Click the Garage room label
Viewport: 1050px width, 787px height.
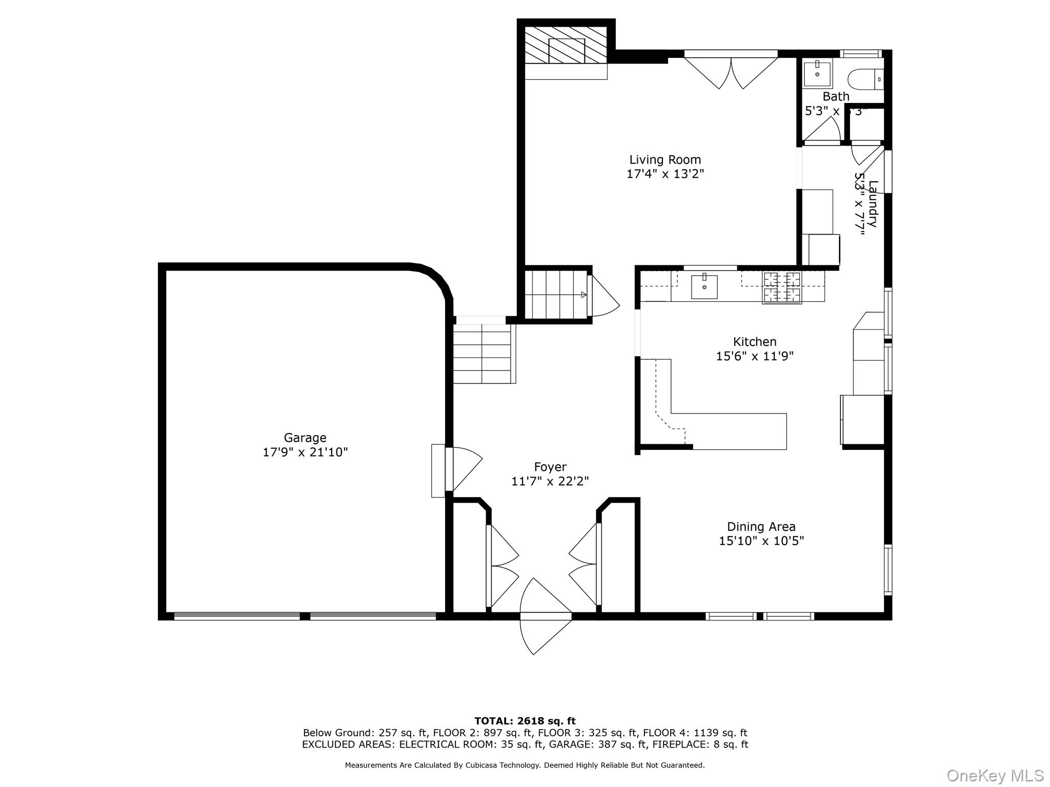(305, 438)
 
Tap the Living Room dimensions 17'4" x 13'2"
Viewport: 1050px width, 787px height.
(665, 174)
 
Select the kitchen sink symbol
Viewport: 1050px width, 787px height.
(704, 286)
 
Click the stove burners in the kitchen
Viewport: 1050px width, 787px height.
(782, 287)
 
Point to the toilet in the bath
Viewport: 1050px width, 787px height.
(865, 79)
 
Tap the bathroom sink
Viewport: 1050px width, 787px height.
(817, 74)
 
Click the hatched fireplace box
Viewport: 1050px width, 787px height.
(566, 50)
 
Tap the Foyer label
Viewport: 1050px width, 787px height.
(550, 467)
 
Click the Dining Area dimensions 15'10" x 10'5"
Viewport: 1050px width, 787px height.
(761, 541)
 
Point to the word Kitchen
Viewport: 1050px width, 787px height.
(755, 342)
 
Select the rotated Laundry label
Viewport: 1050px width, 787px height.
(873, 204)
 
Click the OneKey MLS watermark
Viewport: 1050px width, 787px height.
(995, 775)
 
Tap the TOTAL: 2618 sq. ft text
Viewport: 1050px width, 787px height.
(525, 721)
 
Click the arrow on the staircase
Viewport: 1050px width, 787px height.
(583, 295)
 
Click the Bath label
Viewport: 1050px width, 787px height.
(836, 96)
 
